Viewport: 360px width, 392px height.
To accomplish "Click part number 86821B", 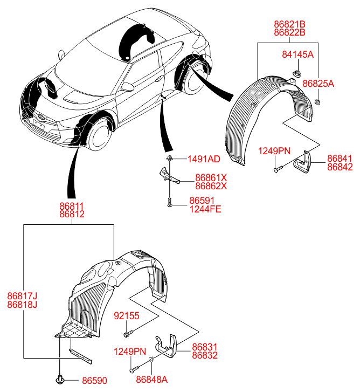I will pyautogui.click(x=290, y=24).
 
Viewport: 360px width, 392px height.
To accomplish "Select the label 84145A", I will pyautogui.click(x=297, y=54).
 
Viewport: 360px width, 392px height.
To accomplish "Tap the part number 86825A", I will pyautogui.click(x=318, y=84).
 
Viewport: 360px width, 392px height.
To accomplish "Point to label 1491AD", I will pyautogui.click(x=203, y=159).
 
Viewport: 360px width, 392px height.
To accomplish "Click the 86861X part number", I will pyautogui.click(x=211, y=177).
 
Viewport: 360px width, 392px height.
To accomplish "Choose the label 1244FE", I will pyautogui.click(x=205, y=209).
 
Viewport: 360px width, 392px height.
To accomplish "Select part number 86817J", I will pyautogui.click(x=22, y=295).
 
